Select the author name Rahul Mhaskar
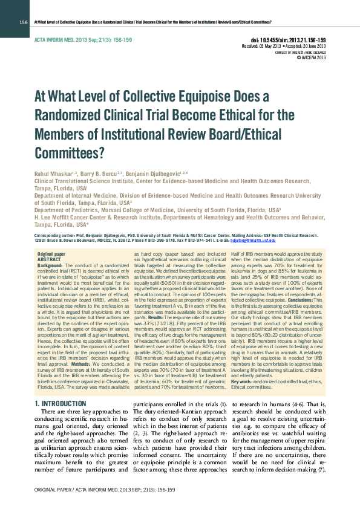tap(52, 173)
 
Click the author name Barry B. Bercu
tap(102, 173)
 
